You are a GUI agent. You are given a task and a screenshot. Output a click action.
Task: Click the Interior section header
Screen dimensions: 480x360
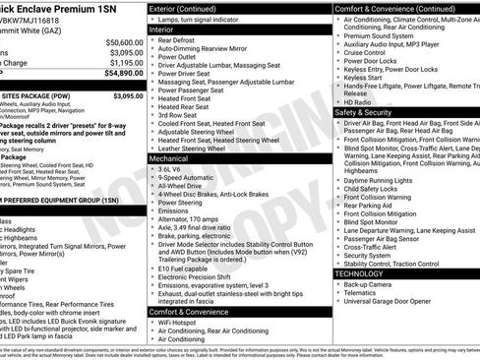168,30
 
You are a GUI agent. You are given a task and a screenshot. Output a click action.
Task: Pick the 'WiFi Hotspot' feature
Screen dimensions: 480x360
182,321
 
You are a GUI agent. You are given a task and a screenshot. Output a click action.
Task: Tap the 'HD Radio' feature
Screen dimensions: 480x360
359,102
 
